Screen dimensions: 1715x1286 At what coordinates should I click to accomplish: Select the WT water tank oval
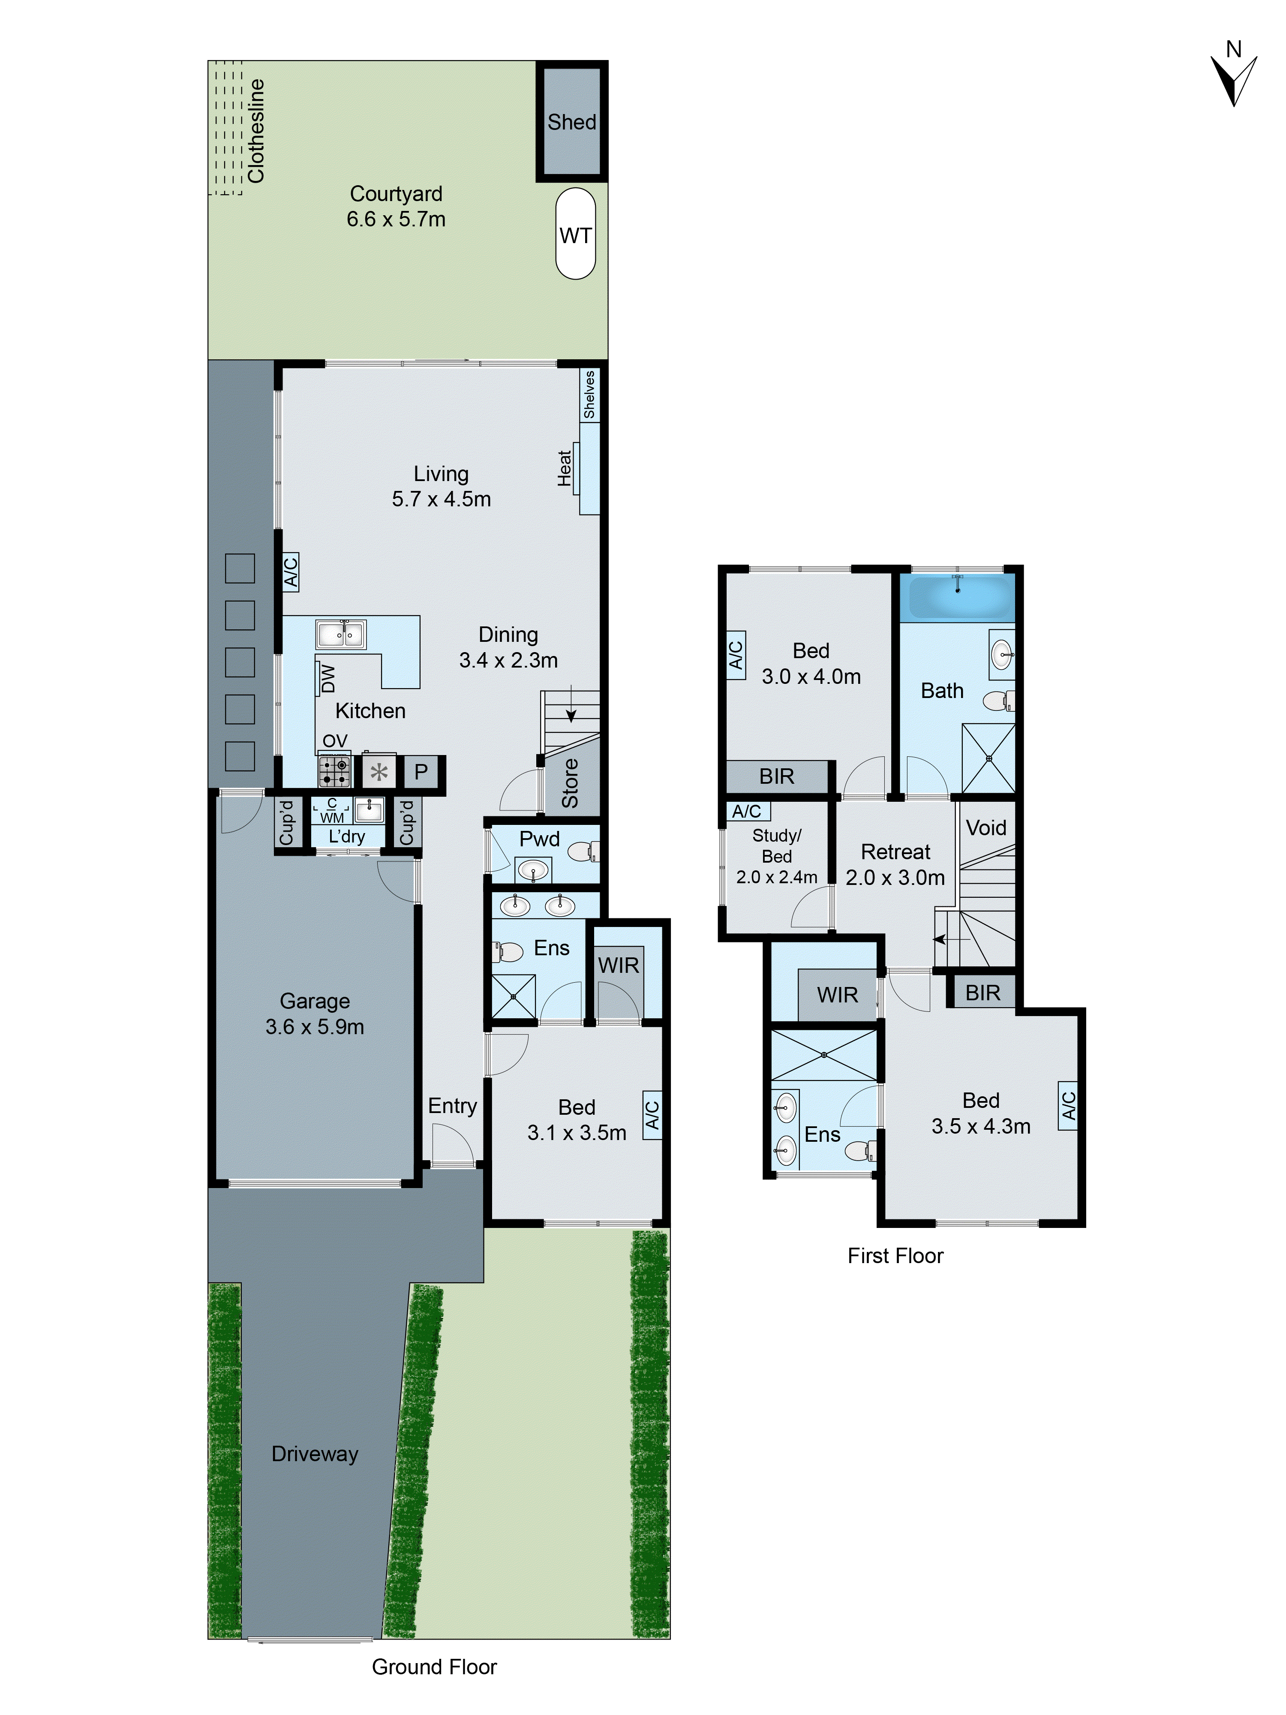pos(575,234)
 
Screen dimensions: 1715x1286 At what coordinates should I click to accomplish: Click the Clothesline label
pos(256,130)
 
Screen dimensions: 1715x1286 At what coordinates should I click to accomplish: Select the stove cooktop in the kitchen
pos(335,770)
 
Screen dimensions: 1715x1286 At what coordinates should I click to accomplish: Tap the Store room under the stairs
pos(571,783)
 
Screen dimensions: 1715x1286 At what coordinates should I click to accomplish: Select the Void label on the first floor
pos(986,828)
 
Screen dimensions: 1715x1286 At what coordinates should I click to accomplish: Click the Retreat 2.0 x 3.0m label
pos(895,864)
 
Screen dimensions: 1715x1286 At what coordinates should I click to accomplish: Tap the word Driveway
pos(315,1454)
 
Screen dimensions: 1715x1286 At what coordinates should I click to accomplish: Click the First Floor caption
pos(895,1256)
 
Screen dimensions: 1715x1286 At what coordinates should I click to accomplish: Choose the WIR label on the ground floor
pos(619,965)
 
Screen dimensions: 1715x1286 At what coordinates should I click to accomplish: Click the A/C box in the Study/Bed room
pos(746,811)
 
